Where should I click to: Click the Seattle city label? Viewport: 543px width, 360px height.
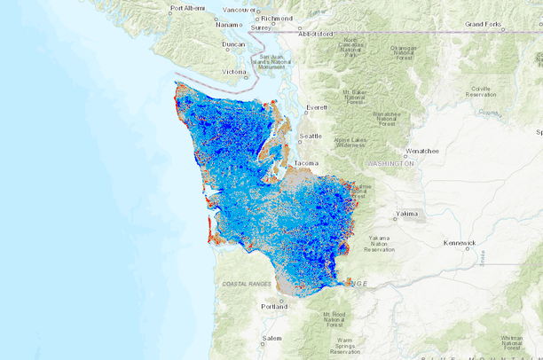311,136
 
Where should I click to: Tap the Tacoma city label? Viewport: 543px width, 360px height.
307,164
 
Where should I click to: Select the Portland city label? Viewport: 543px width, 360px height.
274,306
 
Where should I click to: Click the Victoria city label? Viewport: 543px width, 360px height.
234,72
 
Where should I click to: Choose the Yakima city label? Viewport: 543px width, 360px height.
407,214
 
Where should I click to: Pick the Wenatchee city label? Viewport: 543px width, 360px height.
423,151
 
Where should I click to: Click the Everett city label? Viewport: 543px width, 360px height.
317,108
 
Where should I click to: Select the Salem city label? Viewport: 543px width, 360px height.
271,338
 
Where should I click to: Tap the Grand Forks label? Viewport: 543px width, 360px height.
484,24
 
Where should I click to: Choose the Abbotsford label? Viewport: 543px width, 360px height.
315,34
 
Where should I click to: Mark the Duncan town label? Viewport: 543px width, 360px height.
233,43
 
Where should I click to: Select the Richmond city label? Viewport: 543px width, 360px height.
277,18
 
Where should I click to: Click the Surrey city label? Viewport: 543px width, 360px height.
261,27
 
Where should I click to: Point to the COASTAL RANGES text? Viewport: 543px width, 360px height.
247,284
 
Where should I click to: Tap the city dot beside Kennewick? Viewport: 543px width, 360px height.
443,246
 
